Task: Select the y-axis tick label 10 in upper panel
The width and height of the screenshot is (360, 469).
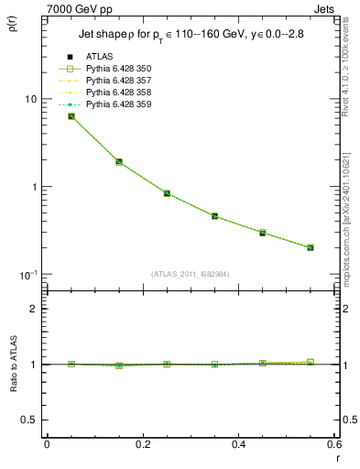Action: tap(29, 99)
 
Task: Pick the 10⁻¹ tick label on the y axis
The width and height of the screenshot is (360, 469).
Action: tap(27, 274)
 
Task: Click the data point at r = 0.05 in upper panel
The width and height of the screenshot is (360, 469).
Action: tap(71, 116)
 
